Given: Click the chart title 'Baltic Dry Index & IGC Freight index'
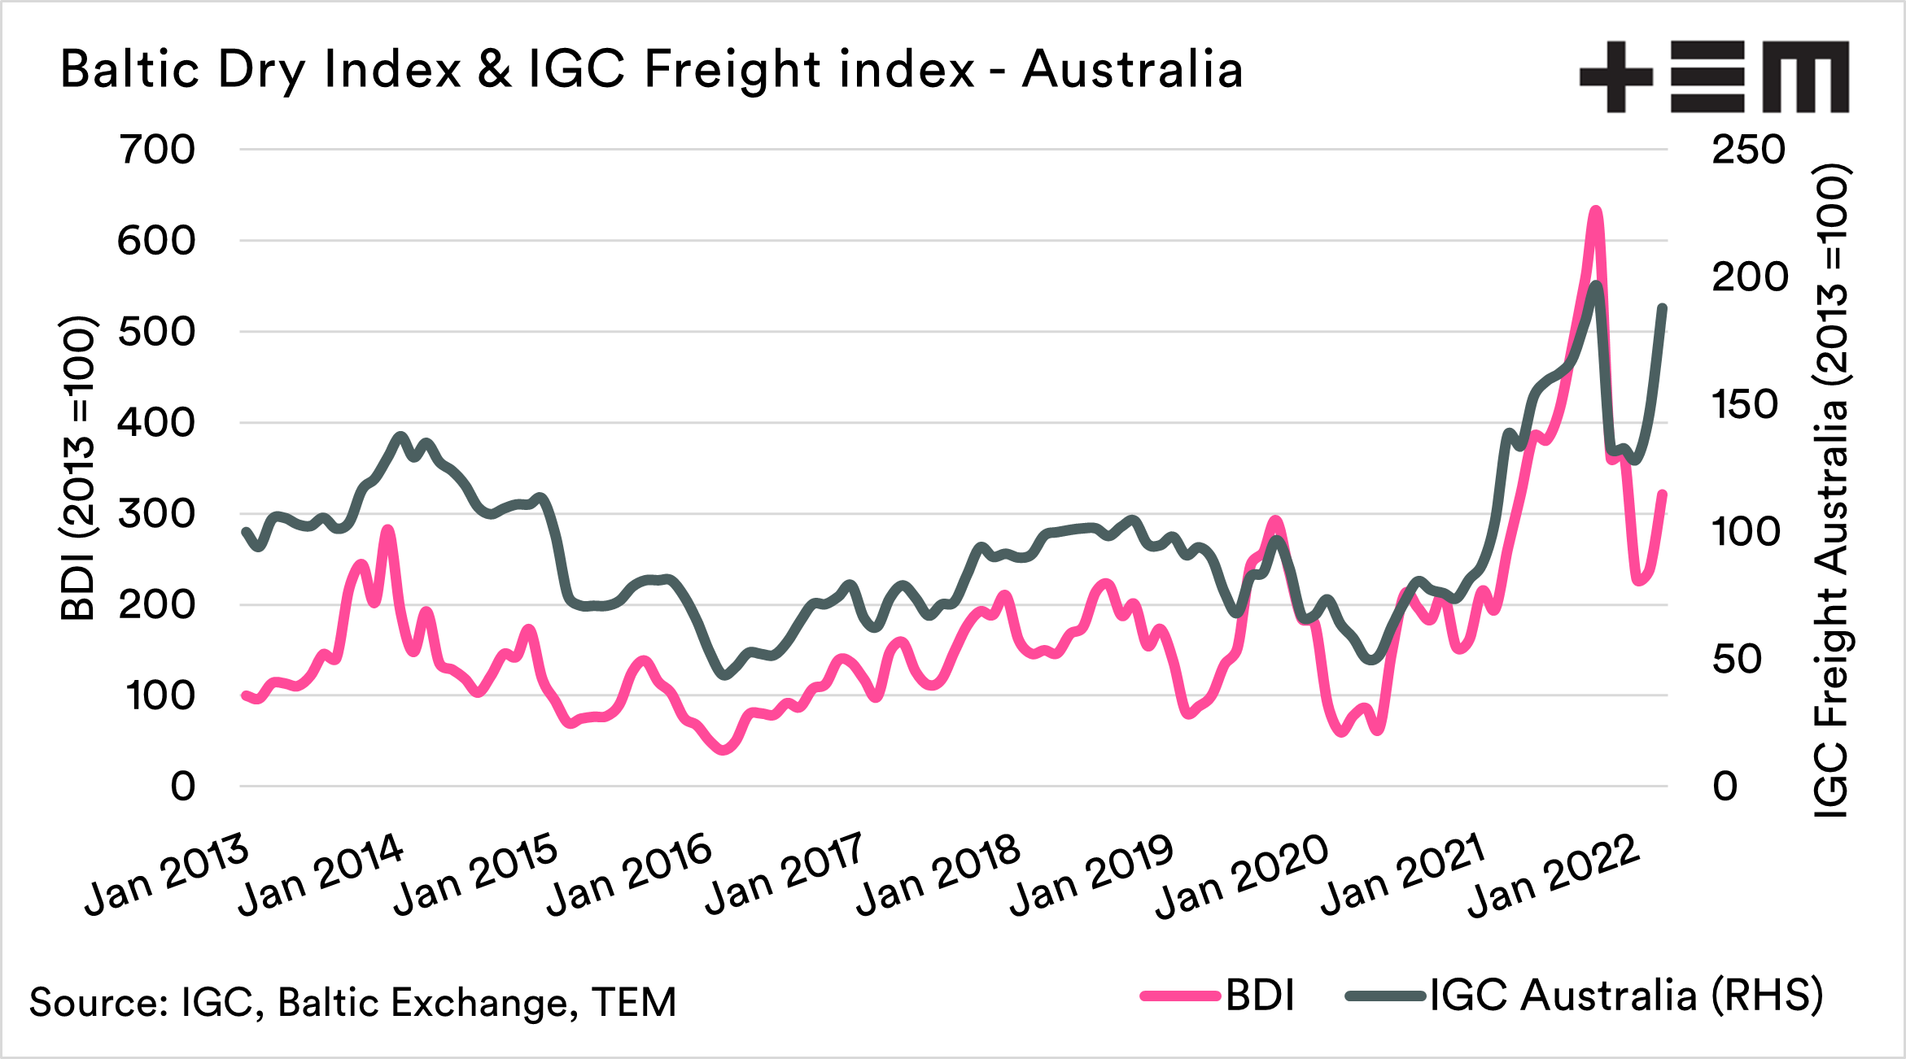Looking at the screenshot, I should point(651,69).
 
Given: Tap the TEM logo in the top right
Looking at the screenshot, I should point(1714,76).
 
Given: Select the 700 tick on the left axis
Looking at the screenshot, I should point(157,150).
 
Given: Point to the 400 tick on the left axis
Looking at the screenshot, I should point(157,423).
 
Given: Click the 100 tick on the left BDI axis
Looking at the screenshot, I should point(160,696).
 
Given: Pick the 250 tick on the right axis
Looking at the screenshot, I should point(1748,150).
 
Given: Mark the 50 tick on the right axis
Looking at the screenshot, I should point(1737,660).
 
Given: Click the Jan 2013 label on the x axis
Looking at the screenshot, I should point(167,875).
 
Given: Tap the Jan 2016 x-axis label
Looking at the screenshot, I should point(629,875).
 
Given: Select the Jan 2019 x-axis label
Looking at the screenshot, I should point(1091,875).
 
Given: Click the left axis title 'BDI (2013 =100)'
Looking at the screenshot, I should point(79,468).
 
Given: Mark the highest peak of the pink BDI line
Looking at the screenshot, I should point(1596,211).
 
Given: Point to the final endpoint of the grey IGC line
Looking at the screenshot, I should point(1663,308).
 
